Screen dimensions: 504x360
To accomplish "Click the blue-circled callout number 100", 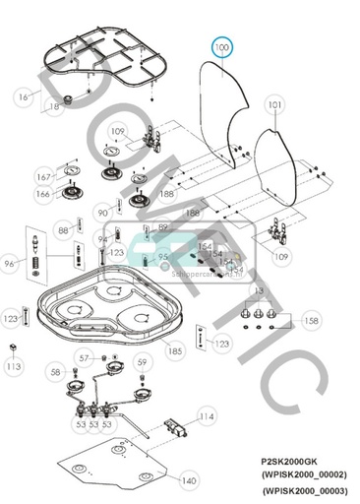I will pyautogui.click(x=221, y=46).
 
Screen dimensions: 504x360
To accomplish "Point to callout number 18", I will pyautogui.click(x=55, y=105).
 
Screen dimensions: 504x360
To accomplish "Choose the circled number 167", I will pyautogui.click(x=42, y=177).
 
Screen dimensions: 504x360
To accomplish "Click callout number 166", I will pyautogui.click(x=42, y=195).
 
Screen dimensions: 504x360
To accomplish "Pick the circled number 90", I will pyautogui.click(x=103, y=213).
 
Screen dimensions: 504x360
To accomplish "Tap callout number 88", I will pyautogui.click(x=63, y=230).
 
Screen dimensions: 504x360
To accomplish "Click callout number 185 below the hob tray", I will pyautogui.click(x=174, y=349).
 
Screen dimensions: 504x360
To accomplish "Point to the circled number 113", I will pyautogui.click(x=13, y=366).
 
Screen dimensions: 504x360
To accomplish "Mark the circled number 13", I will pyautogui.click(x=260, y=291).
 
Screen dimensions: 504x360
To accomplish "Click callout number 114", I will pyautogui.click(x=206, y=417).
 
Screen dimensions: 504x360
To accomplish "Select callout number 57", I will pyautogui.click(x=87, y=356).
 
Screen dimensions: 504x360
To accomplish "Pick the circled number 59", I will pyautogui.click(x=142, y=363).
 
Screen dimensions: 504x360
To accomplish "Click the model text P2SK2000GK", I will pyautogui.click(x=290, y=460).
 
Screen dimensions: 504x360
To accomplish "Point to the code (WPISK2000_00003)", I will pyautogui.click(x=306, y=489).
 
